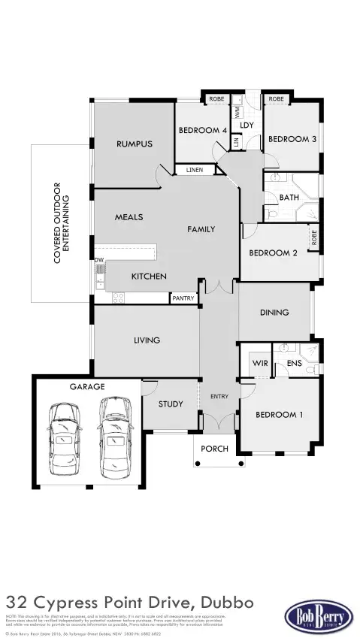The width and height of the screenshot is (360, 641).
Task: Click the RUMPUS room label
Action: (135, 144)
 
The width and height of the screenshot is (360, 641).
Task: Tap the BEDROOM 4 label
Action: (202, 130)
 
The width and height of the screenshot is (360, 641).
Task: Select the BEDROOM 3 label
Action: (292, 139)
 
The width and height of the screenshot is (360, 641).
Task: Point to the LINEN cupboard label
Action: (195, 171)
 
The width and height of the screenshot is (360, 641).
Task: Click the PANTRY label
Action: (183, 298)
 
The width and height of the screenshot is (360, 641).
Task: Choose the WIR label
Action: (260, 363)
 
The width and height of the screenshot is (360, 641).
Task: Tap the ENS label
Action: (294, 363)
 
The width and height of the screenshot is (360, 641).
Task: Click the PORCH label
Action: (214, 449)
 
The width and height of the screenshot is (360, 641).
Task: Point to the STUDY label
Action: (171, 404)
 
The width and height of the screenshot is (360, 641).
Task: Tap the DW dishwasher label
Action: (98, 261)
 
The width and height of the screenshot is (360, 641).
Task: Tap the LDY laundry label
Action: (247, 125)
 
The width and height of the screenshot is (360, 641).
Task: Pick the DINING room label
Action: (274, 313)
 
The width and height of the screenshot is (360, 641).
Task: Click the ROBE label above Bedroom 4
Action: (216, 99)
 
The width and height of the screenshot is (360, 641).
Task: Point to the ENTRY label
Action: (219, 397)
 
